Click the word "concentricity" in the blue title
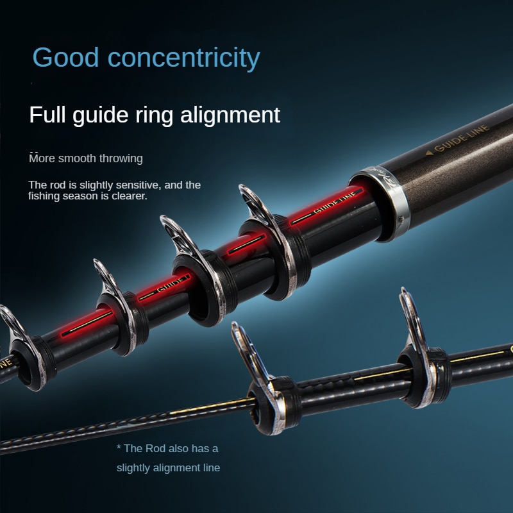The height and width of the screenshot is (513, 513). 183,58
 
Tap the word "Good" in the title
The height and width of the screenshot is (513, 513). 65,57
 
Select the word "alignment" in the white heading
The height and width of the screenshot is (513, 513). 230,115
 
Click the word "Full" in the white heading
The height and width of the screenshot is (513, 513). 47,115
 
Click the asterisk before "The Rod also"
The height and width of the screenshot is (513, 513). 119,447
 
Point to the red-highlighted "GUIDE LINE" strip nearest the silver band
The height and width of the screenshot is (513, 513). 327,206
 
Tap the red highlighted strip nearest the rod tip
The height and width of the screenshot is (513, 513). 87,324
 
